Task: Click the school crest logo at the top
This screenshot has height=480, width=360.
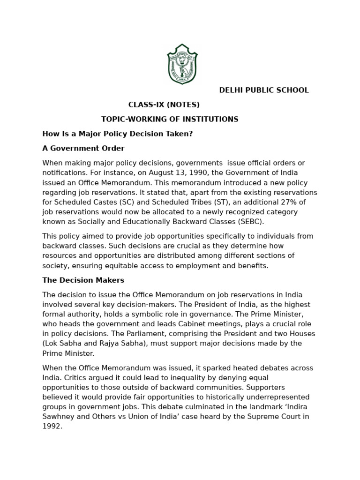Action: pos(182,64)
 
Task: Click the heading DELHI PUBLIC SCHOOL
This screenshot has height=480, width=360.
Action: pos(264,90)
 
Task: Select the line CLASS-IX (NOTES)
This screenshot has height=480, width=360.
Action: pos(164,105)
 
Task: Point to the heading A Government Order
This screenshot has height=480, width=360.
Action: pos(83,149)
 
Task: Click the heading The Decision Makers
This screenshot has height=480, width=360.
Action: pos(83,280)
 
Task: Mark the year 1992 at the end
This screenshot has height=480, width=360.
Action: pos(52,427)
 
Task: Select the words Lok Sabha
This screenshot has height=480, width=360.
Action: pos(62,344)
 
